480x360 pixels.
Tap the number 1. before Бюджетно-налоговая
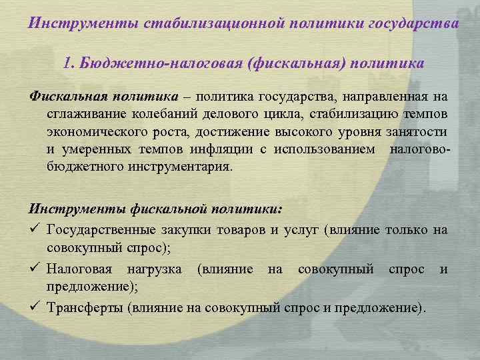(x=68, y=63)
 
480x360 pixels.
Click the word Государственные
(x=97, y=231)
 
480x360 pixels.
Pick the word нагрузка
(x=156, y=269)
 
